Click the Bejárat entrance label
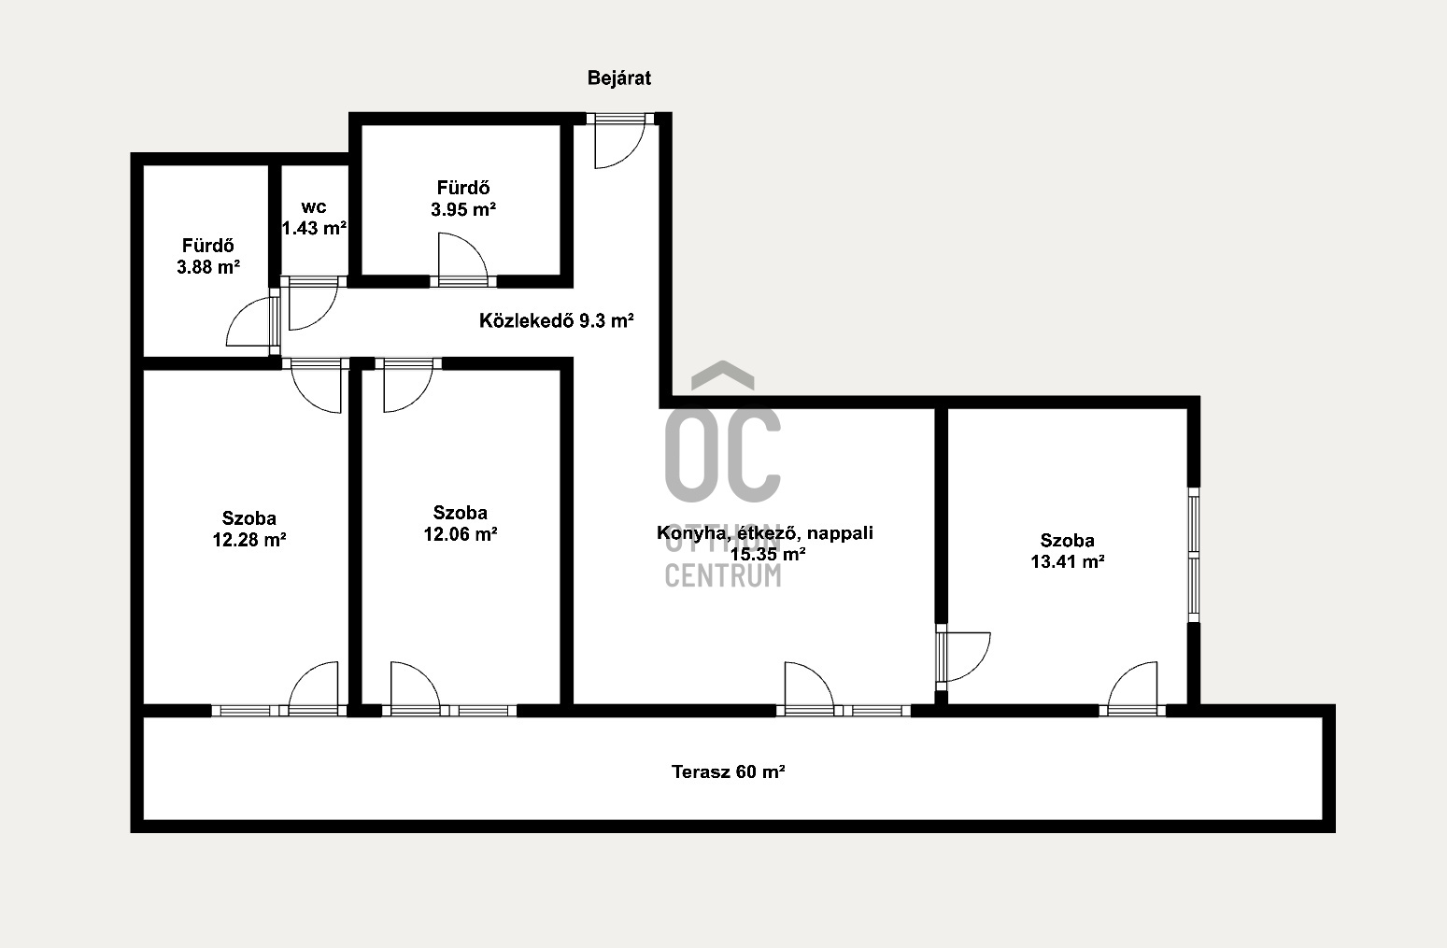coord(618,78)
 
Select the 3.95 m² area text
coord(463,209)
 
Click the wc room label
coord(314,207)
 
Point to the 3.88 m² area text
coord(208,267)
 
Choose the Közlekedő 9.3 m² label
coord(556,320)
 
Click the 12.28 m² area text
coord(249,539)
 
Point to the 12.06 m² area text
coord(460,534)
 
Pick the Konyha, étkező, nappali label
coord(765,532)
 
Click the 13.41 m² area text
coord(1067,561)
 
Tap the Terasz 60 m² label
coord(728,771)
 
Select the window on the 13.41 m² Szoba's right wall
coord(1194,555)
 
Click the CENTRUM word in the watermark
coord(723,575)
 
